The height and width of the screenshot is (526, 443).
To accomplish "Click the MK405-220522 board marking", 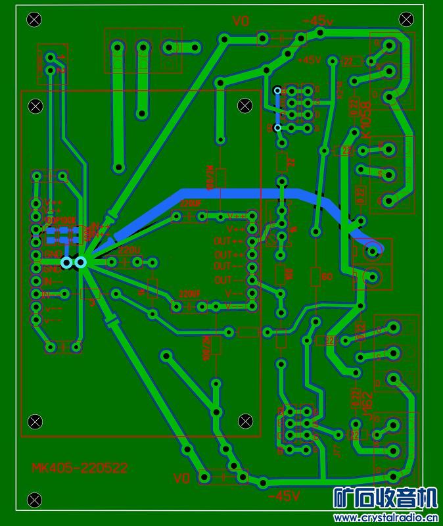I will tap(80, 468).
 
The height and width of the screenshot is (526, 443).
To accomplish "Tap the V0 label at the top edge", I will tap(241, 22).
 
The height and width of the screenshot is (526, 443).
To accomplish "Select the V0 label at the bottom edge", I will tap(181, 477).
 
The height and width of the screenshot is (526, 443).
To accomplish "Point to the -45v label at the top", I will tap(317, 22).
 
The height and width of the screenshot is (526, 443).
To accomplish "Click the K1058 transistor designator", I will tap(367, 119).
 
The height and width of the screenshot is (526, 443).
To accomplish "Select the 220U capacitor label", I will tap(129, 251).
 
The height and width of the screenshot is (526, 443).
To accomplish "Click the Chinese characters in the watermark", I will tap(385, 498).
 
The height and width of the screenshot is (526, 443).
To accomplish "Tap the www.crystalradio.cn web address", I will tap(385, 517).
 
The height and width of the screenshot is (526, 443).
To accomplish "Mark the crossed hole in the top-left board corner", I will tap(34, 19).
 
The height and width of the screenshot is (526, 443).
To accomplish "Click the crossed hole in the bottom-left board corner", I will tap(34, 500).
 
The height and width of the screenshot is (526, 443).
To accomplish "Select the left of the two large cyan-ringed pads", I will tap(66, 263).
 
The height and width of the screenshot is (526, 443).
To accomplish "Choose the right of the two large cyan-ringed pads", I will tap(80, 263).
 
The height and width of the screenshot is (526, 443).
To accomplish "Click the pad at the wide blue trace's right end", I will tap(373, 249).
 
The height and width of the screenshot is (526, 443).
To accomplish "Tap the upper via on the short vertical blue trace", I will tap(277, 90).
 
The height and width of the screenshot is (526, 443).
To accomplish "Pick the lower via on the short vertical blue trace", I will tap(277, 128).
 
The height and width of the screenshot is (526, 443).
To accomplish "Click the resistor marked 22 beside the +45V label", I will tap(347, 62).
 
